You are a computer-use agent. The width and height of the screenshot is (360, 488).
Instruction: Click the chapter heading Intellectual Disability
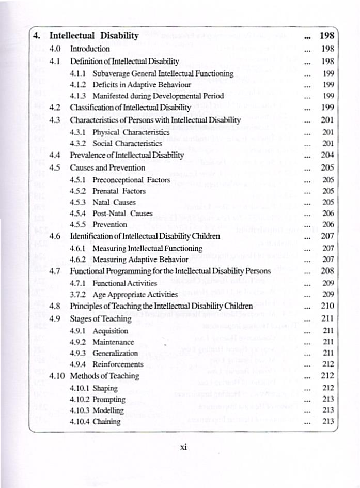coord(93,36)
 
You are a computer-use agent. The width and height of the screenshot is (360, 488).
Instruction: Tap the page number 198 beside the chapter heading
coord(327,36)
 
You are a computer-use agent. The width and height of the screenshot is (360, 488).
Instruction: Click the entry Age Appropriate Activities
coord(135,295)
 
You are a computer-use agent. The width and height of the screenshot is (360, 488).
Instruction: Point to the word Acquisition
coord(110,331)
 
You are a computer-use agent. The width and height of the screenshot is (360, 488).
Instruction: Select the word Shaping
coord(105,388)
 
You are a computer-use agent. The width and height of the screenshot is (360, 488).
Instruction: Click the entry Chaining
coord(106,422)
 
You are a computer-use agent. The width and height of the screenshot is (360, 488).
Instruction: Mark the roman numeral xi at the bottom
coord(182,448)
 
